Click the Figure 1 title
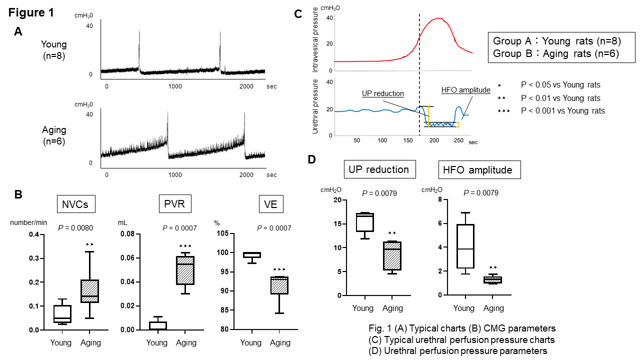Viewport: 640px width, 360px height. point(31,12)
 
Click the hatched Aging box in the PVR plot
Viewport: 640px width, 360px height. point(185,270)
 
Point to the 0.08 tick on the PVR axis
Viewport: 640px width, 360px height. point(127,234)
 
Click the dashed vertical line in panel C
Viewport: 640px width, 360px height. point(419,75)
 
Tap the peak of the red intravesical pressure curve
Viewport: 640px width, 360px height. point(439,18)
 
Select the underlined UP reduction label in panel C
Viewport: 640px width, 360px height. point(383,93)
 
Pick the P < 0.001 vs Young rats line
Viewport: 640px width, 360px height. point(562,110)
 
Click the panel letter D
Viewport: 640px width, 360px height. point(312,159)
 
